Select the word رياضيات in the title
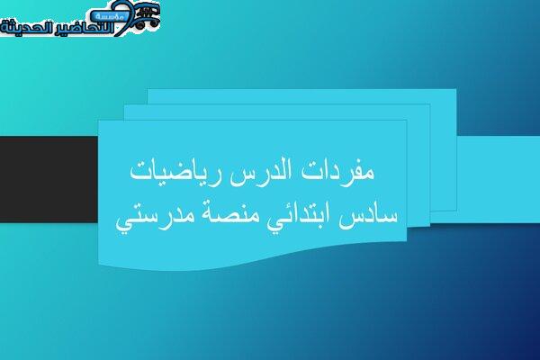click(175, 172)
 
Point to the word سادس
click(367, 217)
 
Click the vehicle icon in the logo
click(148, 16)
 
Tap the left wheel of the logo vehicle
click(139, 24)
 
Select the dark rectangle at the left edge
click(49, 179)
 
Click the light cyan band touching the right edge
click(498, 179)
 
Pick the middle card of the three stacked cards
click(418, 166)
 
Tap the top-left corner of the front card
click(98, 121)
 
